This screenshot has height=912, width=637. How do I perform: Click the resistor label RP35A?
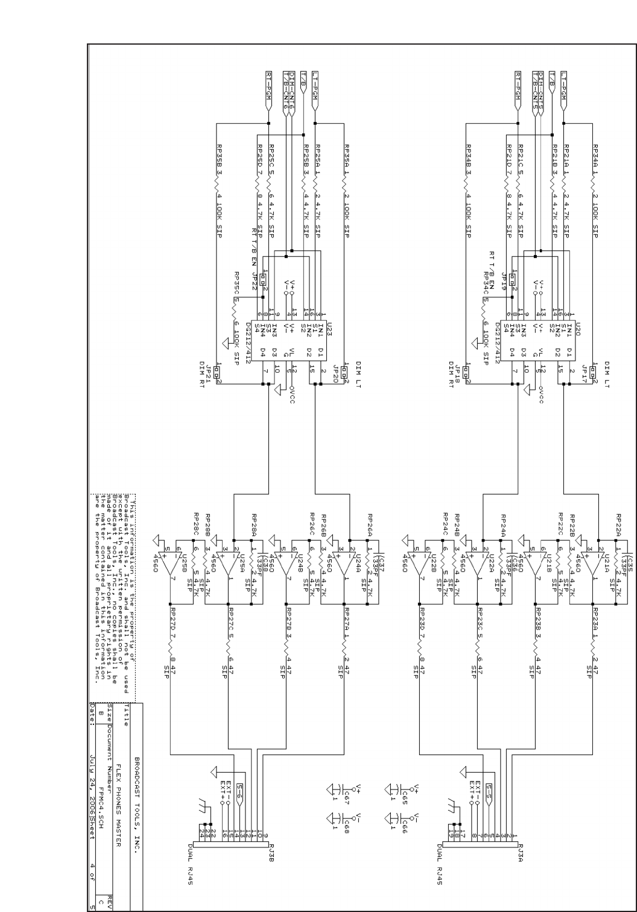[346, 157]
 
